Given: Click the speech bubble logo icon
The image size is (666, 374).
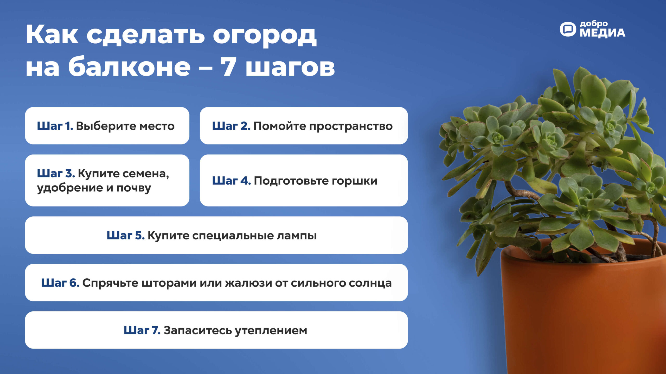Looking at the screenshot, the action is pos(568,29).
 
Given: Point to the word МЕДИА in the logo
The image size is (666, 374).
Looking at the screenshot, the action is pos(602,33).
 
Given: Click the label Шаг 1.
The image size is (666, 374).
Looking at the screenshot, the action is pos(55,126).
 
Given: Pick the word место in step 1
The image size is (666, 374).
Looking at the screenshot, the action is pos(157,126).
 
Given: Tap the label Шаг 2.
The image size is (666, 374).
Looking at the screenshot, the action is pos(231,126).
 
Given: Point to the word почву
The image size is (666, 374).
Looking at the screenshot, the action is pos(134,188).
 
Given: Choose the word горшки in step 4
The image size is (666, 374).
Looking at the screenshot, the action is pos(355,181).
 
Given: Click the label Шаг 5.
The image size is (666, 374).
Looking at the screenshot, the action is pos(126,235).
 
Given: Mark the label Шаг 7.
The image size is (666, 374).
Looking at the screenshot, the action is pos(142,330).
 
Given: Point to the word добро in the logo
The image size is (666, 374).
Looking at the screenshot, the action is pos(594,24).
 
